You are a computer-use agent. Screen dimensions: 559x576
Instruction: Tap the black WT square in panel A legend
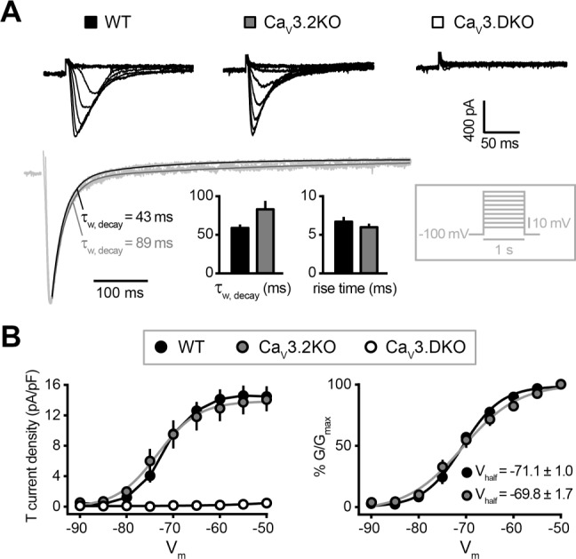coord(89,18)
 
